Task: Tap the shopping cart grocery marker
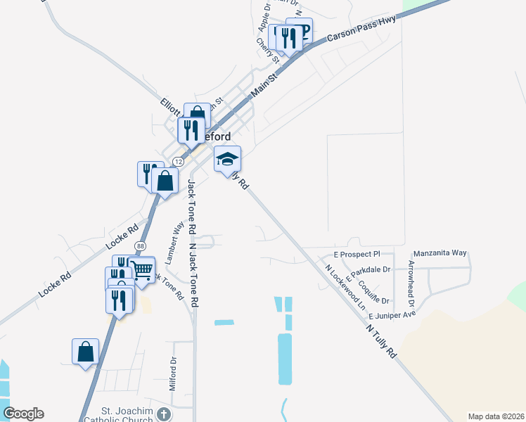[142, 269]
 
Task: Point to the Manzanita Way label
[440, 252]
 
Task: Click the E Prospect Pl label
[357, 253]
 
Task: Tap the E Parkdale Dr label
[368, 269]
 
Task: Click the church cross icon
[164, 414]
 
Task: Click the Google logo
[23, 414]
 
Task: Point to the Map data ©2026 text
[496, 416]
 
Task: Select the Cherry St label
[268, 51]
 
